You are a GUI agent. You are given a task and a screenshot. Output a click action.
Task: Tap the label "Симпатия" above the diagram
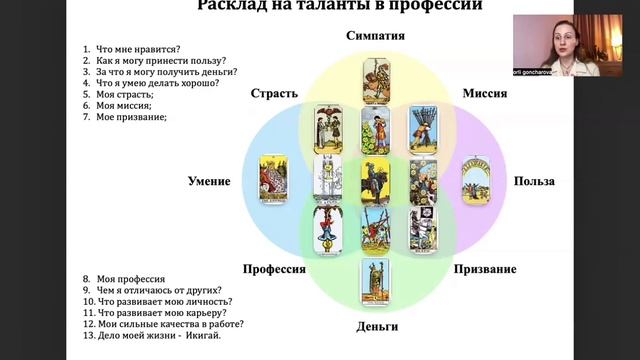[375, 38]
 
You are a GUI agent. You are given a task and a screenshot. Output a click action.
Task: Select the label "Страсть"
[275, 94]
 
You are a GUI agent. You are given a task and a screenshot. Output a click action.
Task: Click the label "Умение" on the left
[209, 181]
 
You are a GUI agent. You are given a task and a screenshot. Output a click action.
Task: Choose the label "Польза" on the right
[535, 181]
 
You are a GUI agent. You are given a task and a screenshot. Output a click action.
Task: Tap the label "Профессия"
[274, 269]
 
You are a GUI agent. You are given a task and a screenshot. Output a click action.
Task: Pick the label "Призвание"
[484, 269]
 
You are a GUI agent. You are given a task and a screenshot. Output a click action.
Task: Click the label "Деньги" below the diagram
[377, 326]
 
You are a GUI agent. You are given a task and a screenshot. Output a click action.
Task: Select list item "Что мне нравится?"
[130, 49]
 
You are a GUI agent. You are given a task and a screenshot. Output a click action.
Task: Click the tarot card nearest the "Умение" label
[272, 180]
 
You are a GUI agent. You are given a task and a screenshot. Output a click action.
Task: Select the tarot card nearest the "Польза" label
[475, 180]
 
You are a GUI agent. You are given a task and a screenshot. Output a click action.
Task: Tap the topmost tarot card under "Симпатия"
[376, 80]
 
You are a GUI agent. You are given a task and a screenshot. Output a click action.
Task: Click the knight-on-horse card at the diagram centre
[376, 180]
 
